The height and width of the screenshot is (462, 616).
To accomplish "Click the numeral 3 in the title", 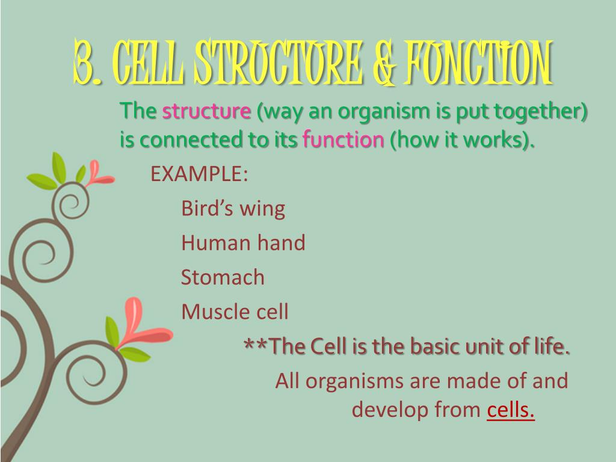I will click(84, 63).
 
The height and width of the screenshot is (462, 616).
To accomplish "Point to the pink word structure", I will click(206, 112).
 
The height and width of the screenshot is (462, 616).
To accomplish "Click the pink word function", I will click(343, 140).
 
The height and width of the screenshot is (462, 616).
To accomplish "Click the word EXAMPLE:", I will click(199, 174).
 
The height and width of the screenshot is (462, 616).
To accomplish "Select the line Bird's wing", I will click(233, 209).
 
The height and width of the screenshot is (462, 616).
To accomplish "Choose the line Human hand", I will click(243, 243).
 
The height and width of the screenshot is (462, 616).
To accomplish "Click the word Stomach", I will click(223, 277).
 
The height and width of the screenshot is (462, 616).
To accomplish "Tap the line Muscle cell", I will click(235, 312).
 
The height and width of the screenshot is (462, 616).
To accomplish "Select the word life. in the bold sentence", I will click(552, 346).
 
